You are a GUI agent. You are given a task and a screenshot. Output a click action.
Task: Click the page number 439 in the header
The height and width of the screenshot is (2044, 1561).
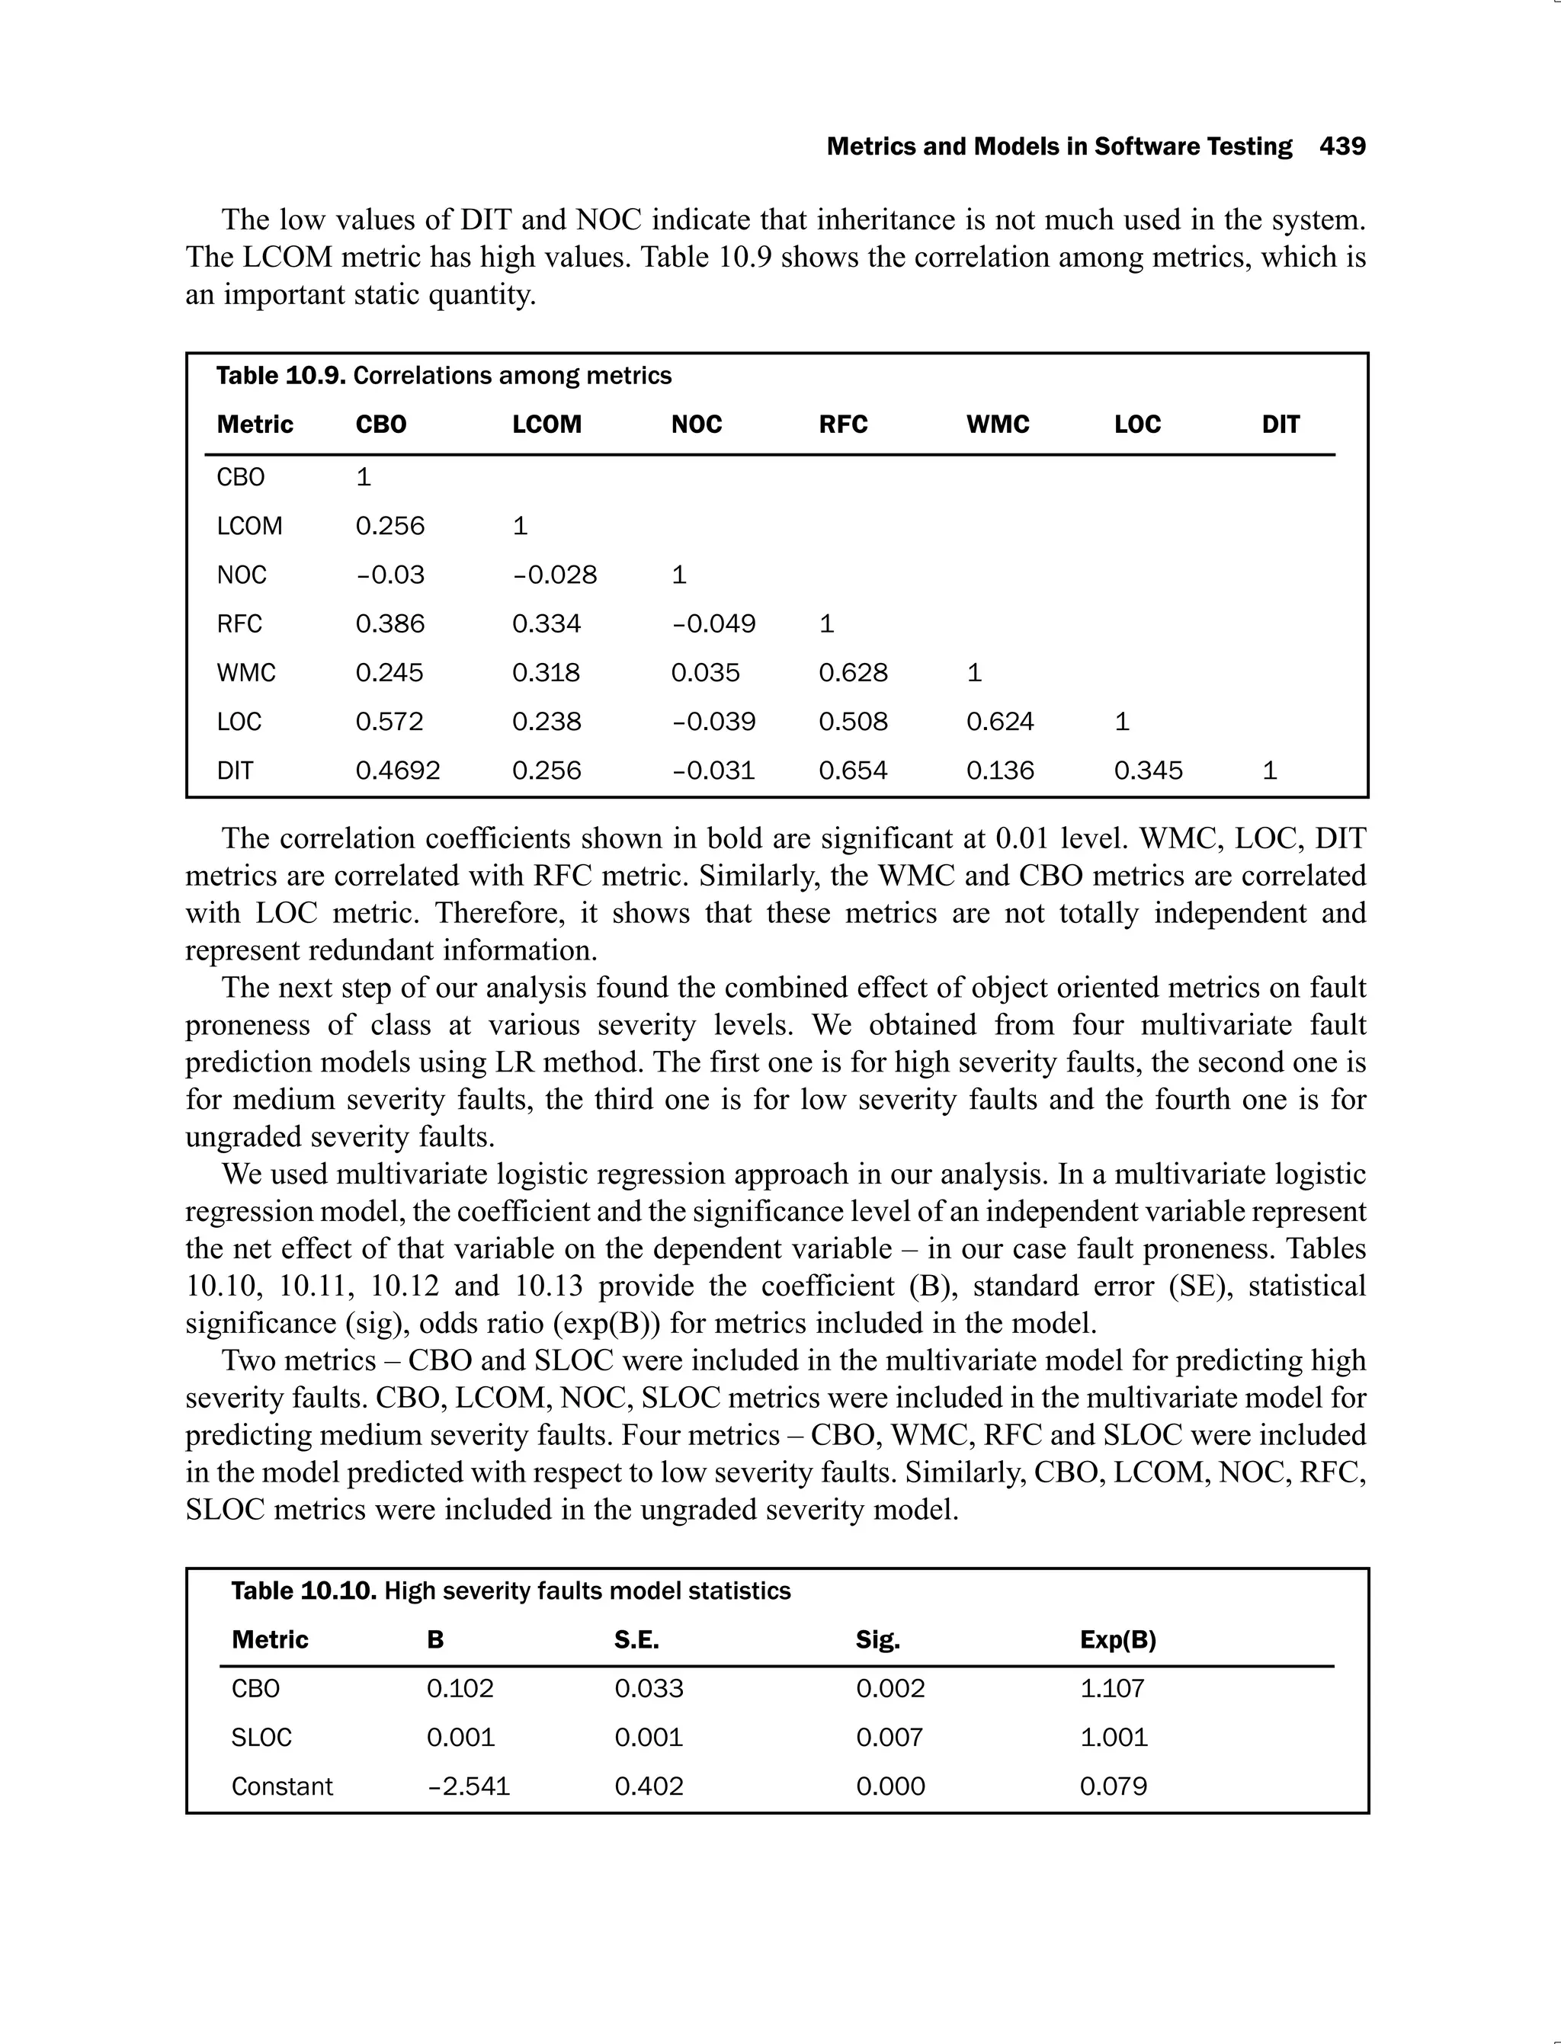point(1341,147)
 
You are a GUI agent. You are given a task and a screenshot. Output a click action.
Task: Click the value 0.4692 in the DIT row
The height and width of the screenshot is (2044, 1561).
point(398,771)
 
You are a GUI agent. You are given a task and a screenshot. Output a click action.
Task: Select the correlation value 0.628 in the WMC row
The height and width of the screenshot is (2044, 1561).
point(852,673)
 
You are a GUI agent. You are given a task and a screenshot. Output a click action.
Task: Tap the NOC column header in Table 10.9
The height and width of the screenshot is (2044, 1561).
point(696,424)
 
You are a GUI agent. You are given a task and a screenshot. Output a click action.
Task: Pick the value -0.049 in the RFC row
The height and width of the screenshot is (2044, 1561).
point(713,623)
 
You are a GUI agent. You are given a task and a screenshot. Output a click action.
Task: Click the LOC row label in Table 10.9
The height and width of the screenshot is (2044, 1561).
point(239,722)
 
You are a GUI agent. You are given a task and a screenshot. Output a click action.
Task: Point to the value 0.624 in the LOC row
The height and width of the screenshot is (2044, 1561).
point(1000,722)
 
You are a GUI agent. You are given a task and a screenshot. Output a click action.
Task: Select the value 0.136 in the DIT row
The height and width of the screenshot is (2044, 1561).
point(1000,771)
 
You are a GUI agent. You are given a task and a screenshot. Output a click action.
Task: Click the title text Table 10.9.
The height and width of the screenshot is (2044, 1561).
point(280,376)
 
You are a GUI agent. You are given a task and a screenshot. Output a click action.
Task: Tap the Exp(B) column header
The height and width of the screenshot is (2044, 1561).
point(1118,1640)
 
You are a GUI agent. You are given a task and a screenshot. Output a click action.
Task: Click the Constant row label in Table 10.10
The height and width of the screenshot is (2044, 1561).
point(281,1786)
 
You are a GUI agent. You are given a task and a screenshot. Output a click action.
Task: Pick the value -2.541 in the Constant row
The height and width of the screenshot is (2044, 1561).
point(467,1786)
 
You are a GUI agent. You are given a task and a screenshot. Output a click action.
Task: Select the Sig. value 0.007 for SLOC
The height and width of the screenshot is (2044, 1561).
point(889,1738)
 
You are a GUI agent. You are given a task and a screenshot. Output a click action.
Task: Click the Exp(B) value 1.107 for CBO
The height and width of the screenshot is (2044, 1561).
point(1112,1688)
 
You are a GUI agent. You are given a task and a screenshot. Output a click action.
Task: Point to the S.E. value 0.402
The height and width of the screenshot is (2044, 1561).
point(649,1786)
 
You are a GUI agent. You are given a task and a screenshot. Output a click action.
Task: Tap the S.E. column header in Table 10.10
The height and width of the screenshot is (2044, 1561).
point(636,1640)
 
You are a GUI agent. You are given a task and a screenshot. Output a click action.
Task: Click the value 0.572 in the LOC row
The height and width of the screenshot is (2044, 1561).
point(389,722)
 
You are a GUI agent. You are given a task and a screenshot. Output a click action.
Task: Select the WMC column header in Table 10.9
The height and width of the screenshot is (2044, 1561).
point(997,424)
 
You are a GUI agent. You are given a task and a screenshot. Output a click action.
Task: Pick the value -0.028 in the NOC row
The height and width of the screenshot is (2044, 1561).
point(554,575)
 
